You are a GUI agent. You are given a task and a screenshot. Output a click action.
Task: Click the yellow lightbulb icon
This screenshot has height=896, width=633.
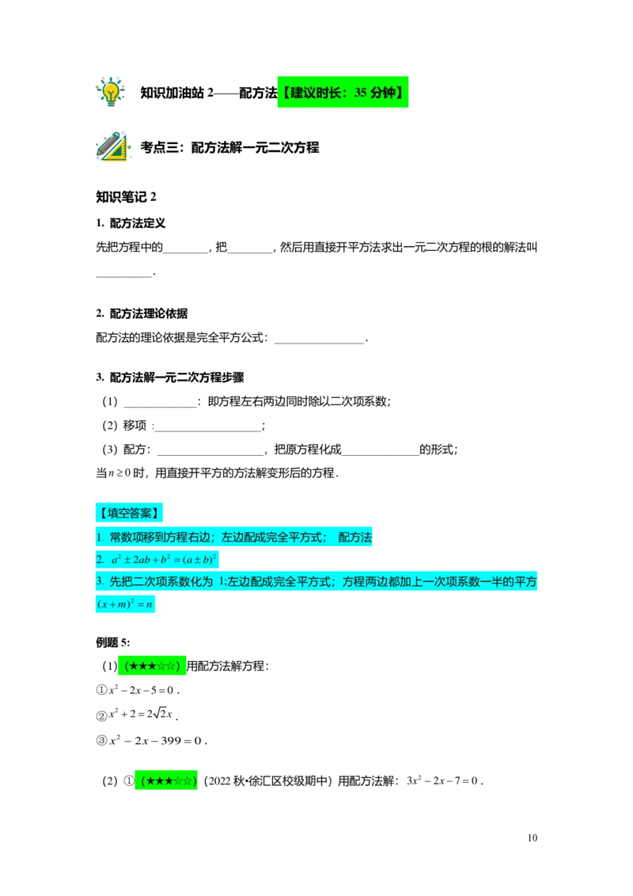click(111, 91)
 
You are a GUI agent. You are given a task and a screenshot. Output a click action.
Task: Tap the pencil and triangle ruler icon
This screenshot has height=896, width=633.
click(113, 146)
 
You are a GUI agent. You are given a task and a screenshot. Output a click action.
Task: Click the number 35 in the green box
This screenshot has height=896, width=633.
click(361, 93)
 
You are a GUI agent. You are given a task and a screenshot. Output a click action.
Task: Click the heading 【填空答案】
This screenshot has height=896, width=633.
click(129, 513)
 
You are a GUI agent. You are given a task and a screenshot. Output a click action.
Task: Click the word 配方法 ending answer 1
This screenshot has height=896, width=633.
click(355, 537)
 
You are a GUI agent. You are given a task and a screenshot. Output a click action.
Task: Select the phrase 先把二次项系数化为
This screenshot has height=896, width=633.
click(161, 582)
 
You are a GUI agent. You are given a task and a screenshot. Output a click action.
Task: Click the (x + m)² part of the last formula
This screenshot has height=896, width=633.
click(114, 605)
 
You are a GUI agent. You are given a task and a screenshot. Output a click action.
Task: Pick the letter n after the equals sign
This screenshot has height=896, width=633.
click(149, 605)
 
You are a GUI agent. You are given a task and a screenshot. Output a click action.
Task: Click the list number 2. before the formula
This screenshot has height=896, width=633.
click(100, 560)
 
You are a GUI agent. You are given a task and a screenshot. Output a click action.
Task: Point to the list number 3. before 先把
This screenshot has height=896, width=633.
click(100, 582)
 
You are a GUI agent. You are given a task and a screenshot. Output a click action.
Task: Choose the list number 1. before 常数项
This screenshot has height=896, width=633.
click(100, 537)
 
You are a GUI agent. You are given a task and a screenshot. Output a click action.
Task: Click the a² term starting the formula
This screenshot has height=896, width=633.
click(116, 560)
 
